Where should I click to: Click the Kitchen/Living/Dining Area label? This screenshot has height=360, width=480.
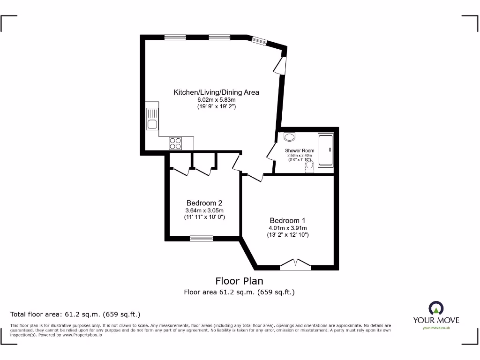216,92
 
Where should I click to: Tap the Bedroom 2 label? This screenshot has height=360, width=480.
204,203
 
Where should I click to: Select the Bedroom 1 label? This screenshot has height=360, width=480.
287,220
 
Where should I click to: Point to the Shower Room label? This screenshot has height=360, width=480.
300,150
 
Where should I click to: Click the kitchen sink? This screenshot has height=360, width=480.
152,119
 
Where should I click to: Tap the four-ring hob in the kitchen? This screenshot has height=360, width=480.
175,143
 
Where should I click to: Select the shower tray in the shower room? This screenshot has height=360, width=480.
325,150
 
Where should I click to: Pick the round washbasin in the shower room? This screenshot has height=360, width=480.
290,137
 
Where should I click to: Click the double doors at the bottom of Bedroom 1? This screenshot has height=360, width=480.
295,265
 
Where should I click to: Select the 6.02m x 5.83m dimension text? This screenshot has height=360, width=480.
216,100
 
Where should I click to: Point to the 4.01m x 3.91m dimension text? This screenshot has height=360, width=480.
288,228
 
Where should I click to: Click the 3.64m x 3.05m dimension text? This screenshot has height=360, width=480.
204,210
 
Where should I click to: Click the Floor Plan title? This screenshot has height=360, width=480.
239,281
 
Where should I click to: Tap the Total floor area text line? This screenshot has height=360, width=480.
75,314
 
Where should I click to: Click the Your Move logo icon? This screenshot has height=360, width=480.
435,308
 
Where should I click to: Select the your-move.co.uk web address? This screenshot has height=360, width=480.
436,328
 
